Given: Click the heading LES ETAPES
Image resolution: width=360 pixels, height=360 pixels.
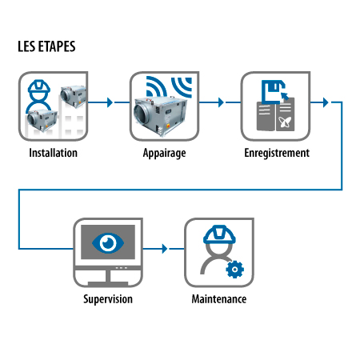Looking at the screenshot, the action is click(x=46, y=46).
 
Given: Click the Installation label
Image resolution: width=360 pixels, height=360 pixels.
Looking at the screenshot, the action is click(x=54, y=153).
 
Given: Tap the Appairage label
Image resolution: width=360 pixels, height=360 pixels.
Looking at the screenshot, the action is click(x=164, y=154).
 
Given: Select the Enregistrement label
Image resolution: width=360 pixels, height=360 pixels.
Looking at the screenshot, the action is click(x=277, y=154).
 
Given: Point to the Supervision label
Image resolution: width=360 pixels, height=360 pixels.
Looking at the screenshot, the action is click(x=108, y=299).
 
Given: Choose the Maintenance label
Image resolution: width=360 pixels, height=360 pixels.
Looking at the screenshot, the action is click(x=219, y=299).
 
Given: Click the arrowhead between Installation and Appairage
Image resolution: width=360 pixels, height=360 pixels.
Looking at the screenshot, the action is click(x=110, y=102).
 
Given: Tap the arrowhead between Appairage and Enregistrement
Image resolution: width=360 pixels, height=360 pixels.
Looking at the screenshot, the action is click(x=221, y=102).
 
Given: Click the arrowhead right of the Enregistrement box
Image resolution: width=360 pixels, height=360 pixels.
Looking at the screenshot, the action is click(x=326, y=102).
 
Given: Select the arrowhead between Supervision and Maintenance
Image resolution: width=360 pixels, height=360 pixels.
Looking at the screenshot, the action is click(x=165, y=249).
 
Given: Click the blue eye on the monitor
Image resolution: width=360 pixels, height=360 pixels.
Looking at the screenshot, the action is click(x=108, y=243).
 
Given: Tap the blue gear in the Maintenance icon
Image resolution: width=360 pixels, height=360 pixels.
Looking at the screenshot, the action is click(x=234, y=270).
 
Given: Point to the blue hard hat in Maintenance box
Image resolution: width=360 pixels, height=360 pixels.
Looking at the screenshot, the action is click(x=219, y=234).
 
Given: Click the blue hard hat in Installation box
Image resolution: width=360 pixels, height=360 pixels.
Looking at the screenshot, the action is click(x=39, y=86).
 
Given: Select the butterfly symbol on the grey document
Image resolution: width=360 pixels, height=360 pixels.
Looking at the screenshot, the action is click(x=285, y=122).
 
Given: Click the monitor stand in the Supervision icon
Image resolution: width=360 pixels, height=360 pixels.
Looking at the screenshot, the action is click(x=108, y=279).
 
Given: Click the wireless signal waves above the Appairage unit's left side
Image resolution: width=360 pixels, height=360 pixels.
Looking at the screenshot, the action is click(x=156, y=86).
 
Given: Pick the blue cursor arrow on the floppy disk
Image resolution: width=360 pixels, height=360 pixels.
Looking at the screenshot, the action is click(x=285, y=95).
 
